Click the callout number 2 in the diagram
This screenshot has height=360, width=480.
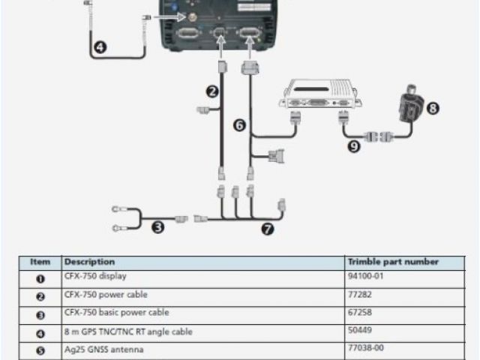click(x=212, y=91)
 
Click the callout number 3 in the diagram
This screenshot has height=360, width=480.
click(x=157, y=226)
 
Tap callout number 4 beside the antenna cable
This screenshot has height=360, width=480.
click(x=100, y=47)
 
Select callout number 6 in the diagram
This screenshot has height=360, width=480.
click(x=239, y=125)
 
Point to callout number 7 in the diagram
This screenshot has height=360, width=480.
click(x=267, y=230)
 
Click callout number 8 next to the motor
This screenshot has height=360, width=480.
click(x=432, y=108)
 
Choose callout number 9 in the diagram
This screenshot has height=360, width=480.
click(x=354, y=146)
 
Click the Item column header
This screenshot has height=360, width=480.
click(x=40, y=262)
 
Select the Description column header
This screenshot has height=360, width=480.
click(x=90, y=262)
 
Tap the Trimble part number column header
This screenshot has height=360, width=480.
click(x=393, y=262)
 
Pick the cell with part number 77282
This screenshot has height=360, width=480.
click(x=359, y=295)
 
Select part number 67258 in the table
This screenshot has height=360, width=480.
click(x=359, y=313)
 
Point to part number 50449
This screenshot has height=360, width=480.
click(x=359, y=331)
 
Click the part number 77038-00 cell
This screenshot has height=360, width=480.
click(x=365, y=349)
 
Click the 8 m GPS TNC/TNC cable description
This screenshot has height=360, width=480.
click(x=128, y=331)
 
